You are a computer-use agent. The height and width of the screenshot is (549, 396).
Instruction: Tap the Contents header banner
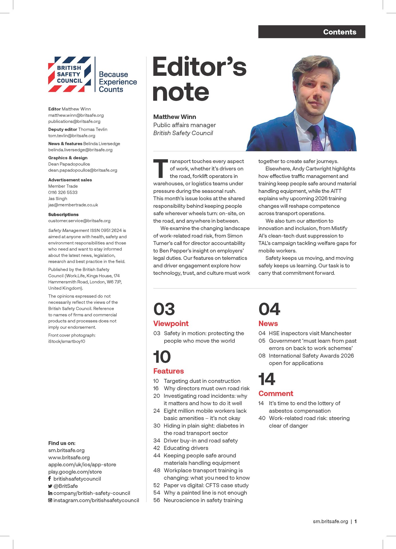312,32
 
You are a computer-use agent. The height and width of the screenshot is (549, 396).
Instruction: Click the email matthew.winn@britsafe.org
76,115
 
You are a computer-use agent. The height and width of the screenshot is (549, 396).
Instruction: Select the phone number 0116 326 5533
63,192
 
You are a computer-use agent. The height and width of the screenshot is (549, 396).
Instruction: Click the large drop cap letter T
161,169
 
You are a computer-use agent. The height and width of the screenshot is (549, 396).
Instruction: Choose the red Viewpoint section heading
171,324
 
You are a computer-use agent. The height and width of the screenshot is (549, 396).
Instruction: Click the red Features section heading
169,371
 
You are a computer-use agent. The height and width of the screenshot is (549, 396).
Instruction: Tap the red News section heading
268,324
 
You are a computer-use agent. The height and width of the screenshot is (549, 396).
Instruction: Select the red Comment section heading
276,394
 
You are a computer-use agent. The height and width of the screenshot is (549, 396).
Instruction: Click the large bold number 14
267,379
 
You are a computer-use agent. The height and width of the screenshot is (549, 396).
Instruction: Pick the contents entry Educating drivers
186,448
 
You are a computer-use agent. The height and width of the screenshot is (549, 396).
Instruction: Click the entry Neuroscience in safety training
203,500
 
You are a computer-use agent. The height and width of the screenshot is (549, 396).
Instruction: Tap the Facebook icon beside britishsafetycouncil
49,479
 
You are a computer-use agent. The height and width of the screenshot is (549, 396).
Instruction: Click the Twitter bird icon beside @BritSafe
50,486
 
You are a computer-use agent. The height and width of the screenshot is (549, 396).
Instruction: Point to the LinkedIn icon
50,493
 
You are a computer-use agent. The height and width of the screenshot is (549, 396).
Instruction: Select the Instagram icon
50,500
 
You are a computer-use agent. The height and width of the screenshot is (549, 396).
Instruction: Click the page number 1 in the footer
355,521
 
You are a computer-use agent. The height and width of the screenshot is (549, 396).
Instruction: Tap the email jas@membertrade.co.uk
73,205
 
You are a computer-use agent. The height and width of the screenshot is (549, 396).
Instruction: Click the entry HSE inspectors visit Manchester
310,333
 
